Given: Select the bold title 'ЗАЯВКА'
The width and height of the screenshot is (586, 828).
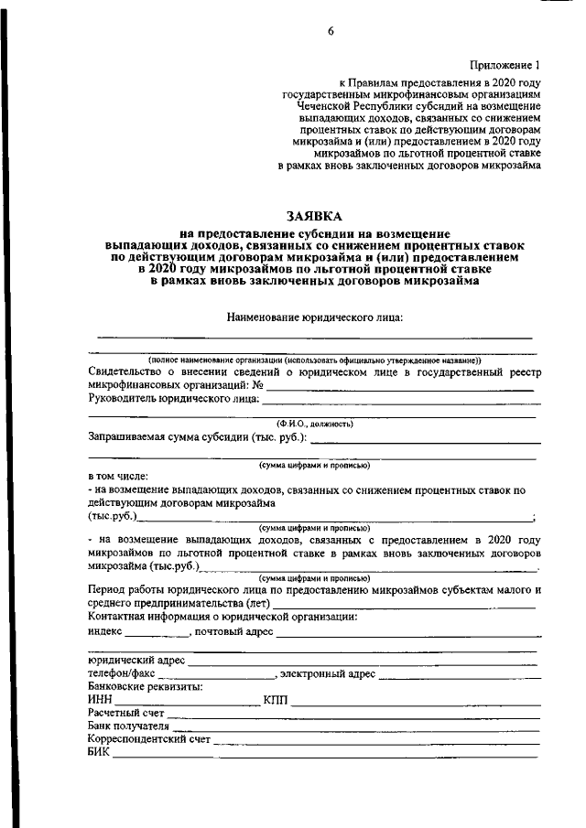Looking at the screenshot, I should tap(313, 217).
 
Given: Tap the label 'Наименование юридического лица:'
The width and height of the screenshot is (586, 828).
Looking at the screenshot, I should tap(315, 317).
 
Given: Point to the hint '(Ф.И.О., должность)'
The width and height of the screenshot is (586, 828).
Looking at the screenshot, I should tap(315, 423).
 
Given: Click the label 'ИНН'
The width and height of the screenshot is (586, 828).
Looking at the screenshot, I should tap(100, 700).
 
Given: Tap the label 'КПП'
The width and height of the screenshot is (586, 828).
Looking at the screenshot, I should tap(275, 700).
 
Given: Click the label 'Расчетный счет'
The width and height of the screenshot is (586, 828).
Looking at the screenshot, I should tap(126, 713).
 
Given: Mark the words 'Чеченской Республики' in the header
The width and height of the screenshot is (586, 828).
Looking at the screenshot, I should tap(347, 106).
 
